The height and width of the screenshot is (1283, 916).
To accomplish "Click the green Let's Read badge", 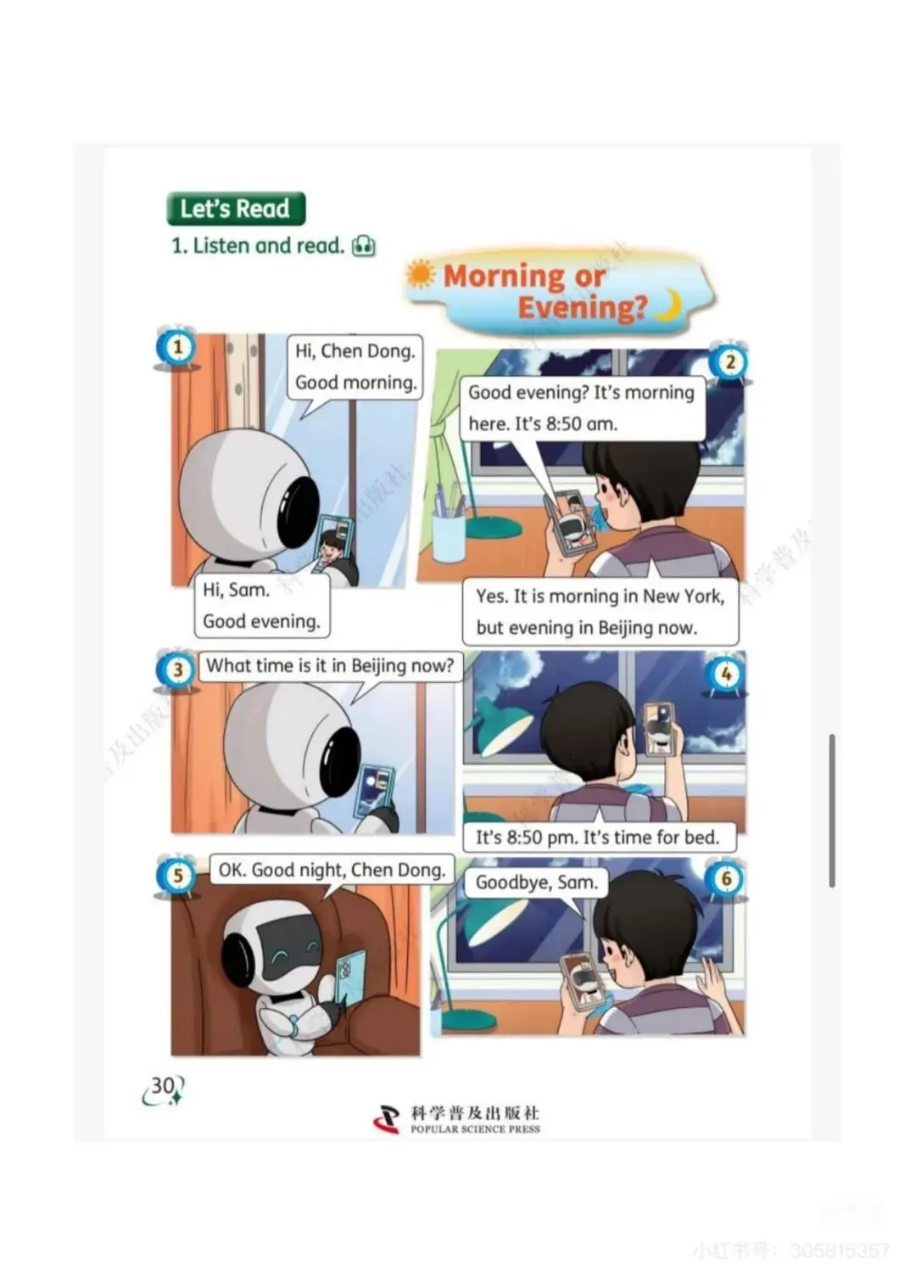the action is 235,209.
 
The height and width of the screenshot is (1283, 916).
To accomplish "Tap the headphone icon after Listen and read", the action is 364,246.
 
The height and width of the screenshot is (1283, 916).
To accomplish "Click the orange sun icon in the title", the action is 421,274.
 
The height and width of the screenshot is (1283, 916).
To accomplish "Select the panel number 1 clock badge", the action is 177,348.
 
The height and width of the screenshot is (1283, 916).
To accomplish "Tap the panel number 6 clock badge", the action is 727,879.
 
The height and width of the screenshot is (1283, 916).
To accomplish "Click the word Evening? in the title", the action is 583,307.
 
